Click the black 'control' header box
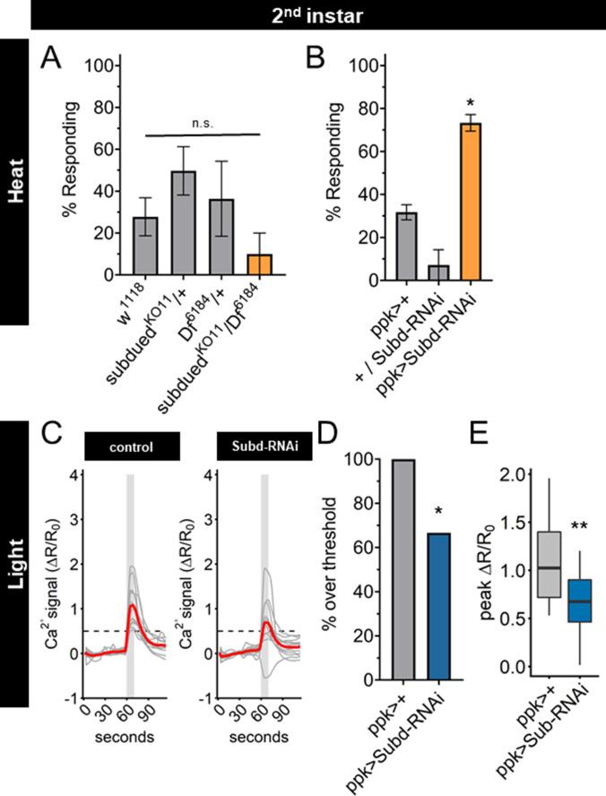[x=132, y=446]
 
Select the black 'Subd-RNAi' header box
[x=264, y=446]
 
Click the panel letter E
[x=482, y=446]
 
